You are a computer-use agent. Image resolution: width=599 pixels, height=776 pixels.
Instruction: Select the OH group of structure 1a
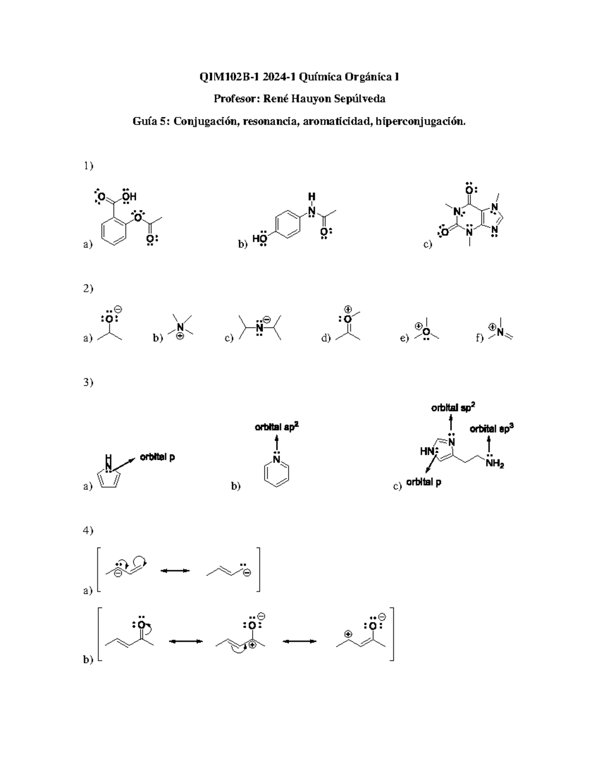(x=129, y=196)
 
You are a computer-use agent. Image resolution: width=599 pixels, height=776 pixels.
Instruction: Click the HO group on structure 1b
(x=260, y=238)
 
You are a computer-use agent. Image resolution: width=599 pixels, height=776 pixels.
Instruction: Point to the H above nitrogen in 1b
(x=312, y=196)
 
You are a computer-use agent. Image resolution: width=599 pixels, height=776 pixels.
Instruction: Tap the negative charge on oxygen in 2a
(x=119, y=309)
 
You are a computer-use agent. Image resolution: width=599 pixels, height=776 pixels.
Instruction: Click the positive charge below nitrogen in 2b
(x=180, y=336)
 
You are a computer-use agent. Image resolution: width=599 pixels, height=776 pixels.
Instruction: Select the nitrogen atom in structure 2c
(x=260, y=327)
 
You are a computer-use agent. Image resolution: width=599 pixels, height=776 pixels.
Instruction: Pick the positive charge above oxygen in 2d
(x=348, y=309)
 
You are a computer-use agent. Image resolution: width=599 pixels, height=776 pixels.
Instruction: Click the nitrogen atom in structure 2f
(x=500, y=332)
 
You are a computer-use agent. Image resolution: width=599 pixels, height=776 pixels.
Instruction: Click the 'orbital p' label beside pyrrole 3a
(x=157, y=458)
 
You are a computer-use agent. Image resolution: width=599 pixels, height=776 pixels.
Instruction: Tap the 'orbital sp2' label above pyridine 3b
(x=277, y=427)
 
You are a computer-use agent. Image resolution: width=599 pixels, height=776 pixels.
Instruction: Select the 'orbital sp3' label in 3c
(x=492, y=429)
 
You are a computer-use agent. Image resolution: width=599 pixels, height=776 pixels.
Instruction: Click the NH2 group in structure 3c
(x=495, y=464)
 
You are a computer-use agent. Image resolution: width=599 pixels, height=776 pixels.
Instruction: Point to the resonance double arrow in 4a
(x=175, y=571)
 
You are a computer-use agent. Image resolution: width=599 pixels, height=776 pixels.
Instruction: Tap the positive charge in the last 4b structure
(x=348, y=634)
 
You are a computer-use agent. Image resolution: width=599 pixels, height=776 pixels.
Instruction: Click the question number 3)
(x=88, y=382)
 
